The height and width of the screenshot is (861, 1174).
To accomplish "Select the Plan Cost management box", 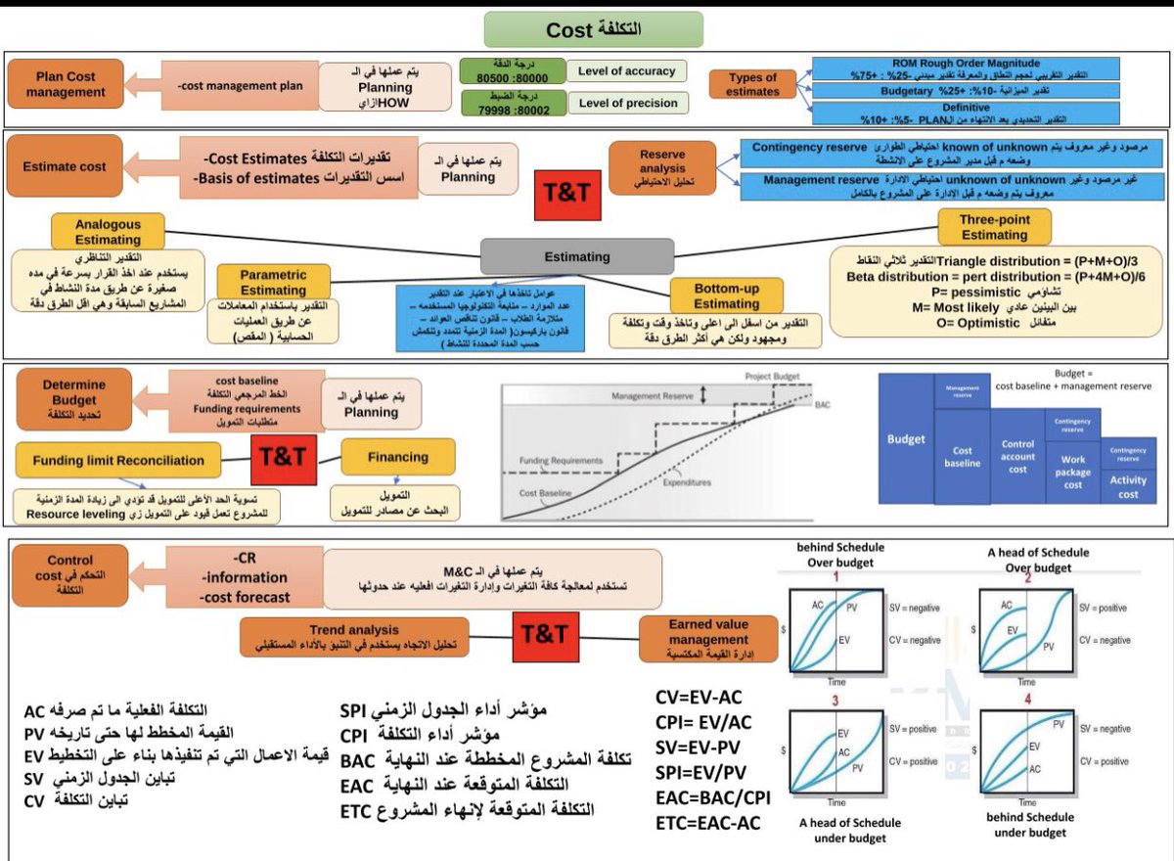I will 66,84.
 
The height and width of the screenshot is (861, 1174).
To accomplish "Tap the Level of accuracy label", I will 627,71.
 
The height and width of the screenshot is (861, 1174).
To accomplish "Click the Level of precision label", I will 627,103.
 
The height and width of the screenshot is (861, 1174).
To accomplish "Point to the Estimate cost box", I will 66,166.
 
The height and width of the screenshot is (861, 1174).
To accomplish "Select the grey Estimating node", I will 577,257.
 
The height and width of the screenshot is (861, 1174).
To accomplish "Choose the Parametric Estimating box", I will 273,282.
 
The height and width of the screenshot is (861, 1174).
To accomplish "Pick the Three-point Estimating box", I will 994,227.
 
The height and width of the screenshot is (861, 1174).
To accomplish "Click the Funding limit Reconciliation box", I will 118,460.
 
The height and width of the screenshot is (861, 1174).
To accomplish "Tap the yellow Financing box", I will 398,457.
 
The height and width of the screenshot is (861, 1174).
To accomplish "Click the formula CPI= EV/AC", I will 704,722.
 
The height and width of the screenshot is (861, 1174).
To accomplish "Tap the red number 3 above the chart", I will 836,701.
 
